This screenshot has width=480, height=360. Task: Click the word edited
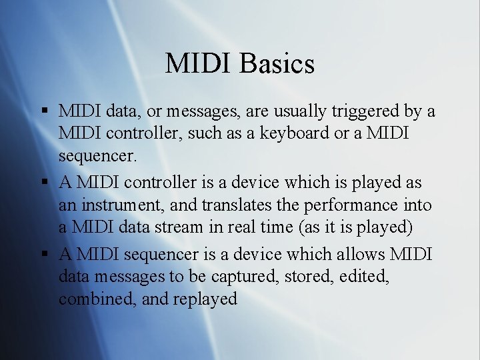[x=365, y=276]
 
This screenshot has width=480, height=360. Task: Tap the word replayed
[x=205, y=299]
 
